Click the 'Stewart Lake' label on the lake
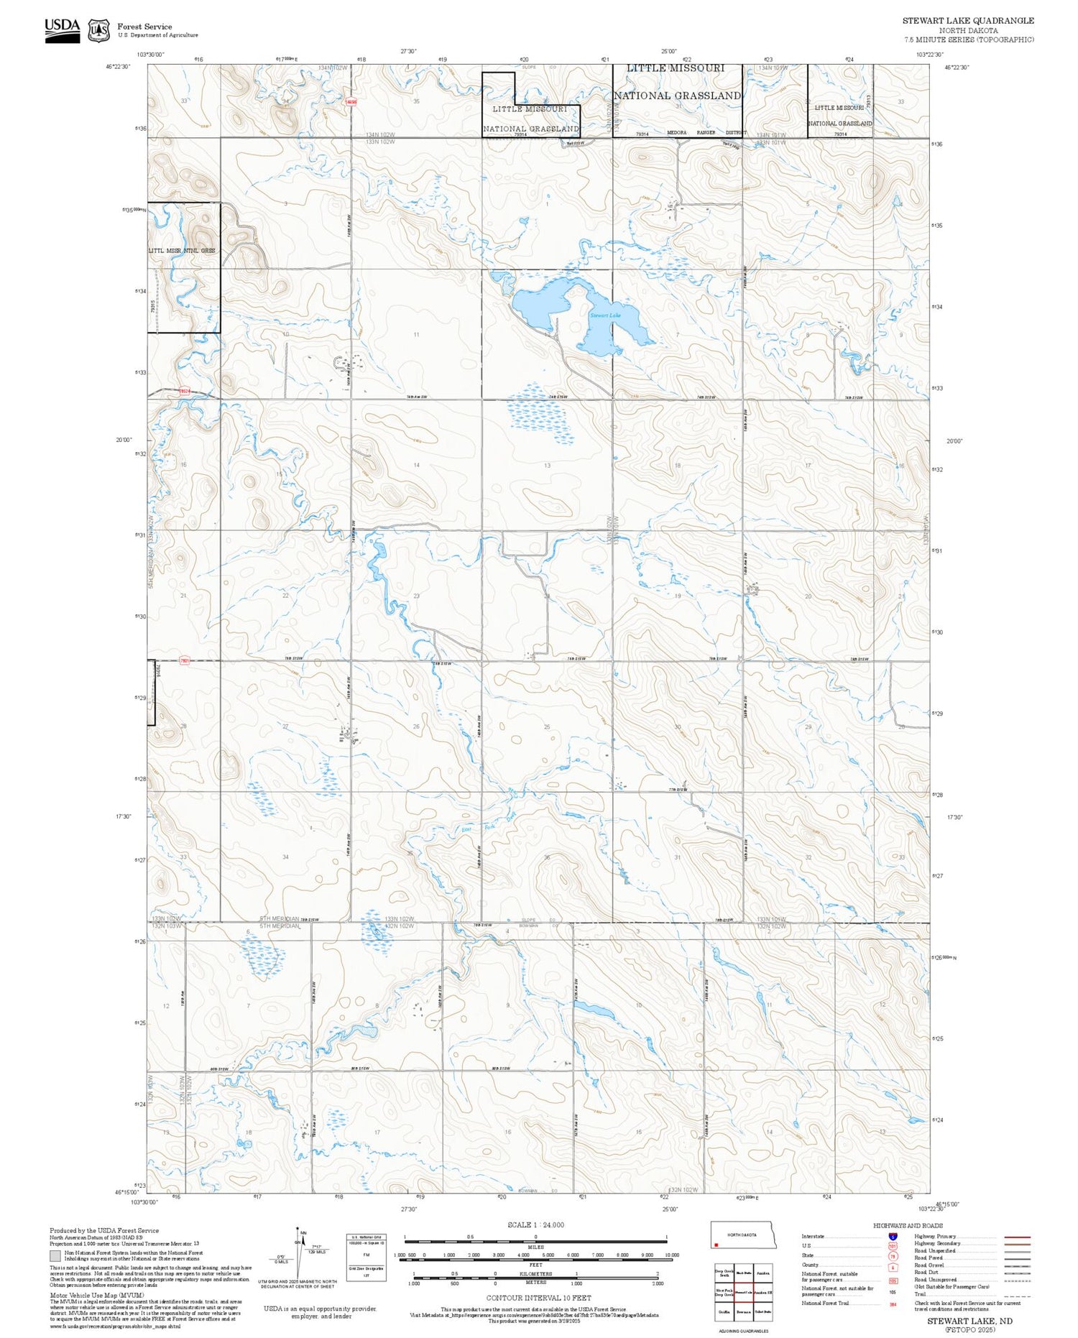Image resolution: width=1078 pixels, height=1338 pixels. (605, 315)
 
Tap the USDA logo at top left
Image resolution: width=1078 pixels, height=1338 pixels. (63, 30)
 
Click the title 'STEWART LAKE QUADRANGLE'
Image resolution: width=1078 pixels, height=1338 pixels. (968, 21)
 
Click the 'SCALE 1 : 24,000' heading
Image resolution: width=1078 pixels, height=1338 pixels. (535, 1224)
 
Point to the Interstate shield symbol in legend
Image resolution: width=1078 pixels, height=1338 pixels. (893, 1237)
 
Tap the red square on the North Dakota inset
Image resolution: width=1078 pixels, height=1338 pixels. (717, 1245)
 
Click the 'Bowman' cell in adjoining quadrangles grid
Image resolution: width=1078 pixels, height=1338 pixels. (743, 1311)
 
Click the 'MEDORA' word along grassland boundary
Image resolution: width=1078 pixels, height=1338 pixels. (677, 133)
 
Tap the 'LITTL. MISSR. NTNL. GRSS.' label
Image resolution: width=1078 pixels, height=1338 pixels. (182, 251)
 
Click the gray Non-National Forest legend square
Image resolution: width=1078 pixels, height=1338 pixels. (55, 1255)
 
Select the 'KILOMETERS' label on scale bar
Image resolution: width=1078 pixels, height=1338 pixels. (535, 1273)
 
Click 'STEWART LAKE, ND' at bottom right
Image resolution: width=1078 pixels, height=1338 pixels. (969, 1321)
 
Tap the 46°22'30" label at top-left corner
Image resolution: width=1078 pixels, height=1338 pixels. (119, 67)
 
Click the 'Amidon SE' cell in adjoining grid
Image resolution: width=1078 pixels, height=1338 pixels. (763, 1292)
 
